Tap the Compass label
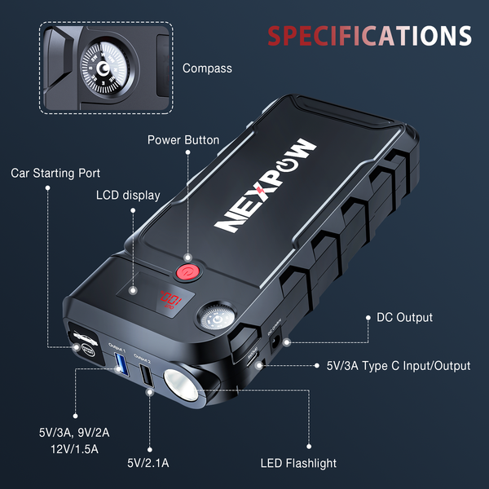(207, 68)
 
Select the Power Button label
(183, 140)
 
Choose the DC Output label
(404, 317)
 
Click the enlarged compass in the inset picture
(108, 67)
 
